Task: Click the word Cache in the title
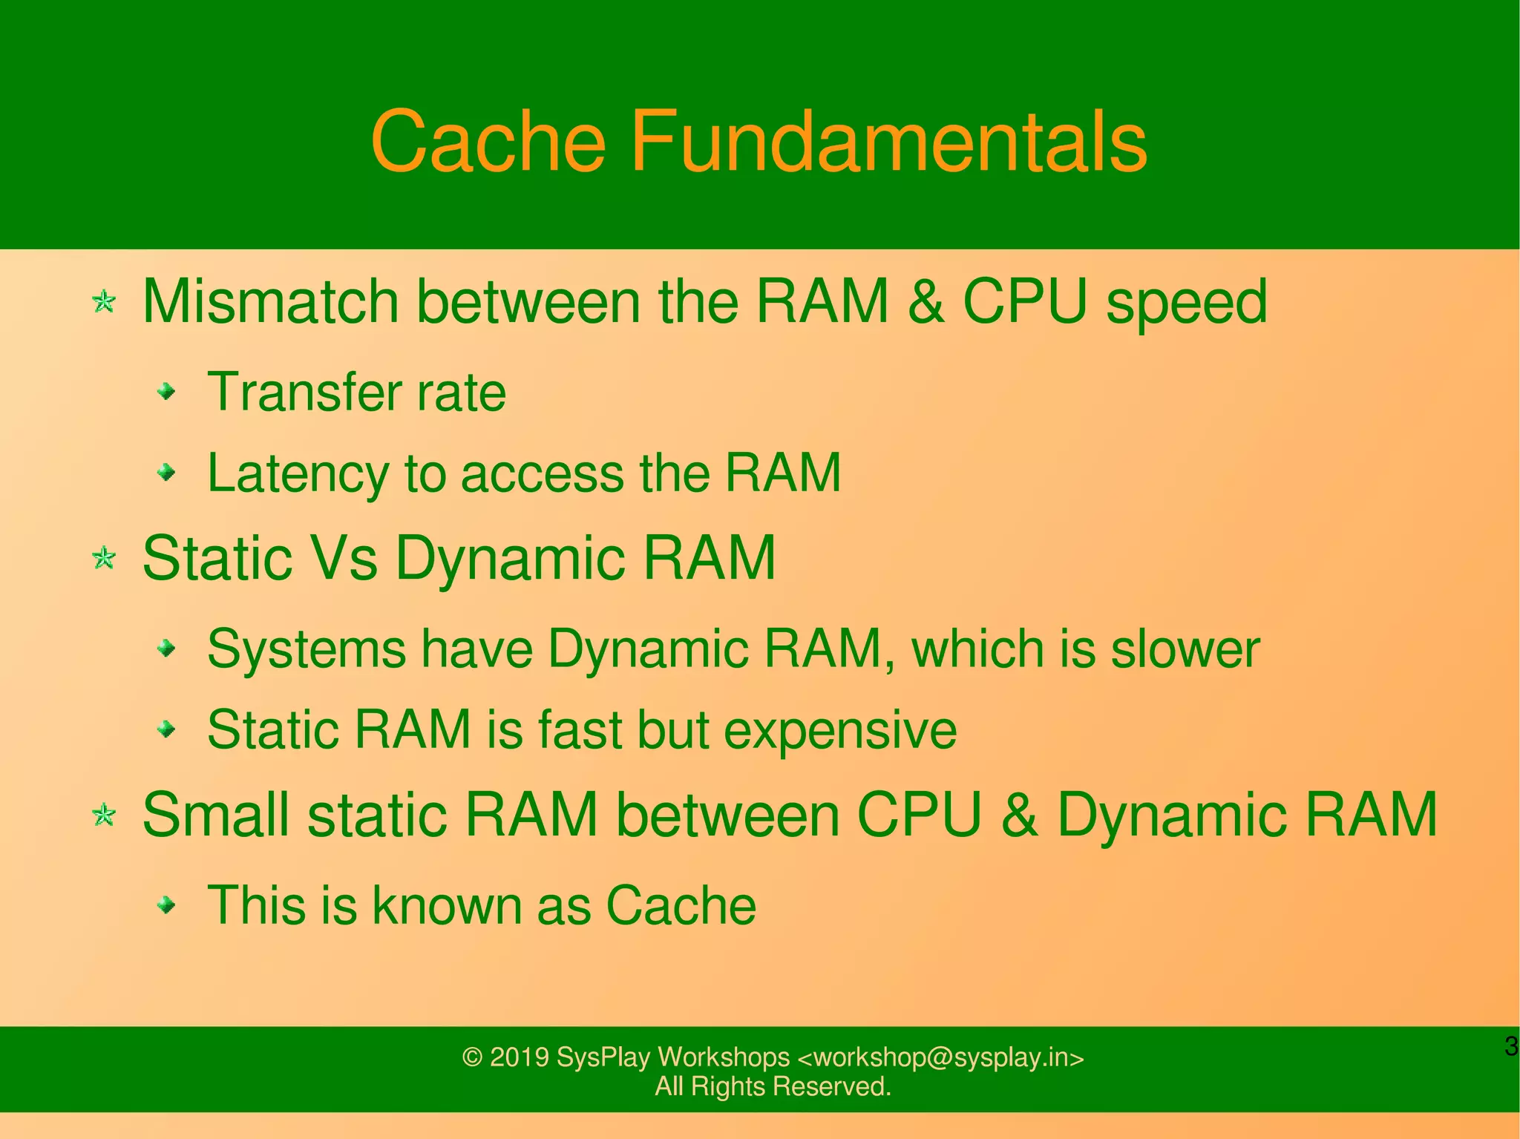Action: [x=488, y=141]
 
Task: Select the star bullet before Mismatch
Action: [x=105, y=302]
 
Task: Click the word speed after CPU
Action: [x=1187, y=303]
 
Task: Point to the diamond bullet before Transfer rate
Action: [x=168, y=391]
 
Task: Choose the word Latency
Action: [x=297, y=473]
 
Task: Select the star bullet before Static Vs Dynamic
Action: [x=105, y=558]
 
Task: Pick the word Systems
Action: [x=307, y=649]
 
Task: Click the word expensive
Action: [x=840, y=731]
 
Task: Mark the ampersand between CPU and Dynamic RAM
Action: [x=1019, y=815]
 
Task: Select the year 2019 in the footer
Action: [x=519, y=1057]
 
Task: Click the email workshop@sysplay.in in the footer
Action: [x=940, y=1057]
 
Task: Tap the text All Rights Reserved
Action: [x=773, y=1086]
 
